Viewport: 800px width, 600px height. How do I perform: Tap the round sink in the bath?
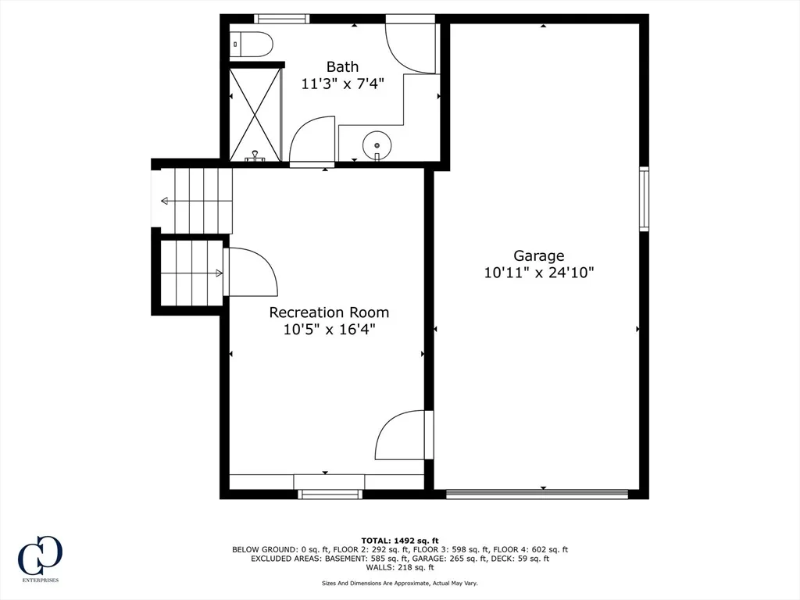377,145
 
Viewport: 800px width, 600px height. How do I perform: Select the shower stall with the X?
255,115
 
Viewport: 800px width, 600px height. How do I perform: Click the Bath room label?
342,66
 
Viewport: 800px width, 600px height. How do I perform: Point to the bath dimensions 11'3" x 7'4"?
342,84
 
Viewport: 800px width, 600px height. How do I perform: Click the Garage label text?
539,255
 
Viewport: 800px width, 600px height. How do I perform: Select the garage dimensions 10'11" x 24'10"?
539,273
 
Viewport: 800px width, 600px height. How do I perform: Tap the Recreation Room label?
329,312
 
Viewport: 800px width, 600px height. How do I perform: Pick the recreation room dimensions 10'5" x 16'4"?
329,330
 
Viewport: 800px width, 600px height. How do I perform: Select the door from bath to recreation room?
312,141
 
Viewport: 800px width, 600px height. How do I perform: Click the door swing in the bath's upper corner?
411,45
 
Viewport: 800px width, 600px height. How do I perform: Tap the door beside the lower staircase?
251,271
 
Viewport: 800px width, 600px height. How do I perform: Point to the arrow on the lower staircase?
192,273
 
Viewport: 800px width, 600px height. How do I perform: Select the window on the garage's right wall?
645,199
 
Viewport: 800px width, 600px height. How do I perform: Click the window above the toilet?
281,19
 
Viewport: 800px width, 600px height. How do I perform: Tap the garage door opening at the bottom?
537,494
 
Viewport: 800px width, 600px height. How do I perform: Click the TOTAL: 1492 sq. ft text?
400,541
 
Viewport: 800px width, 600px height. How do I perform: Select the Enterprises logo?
40,559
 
